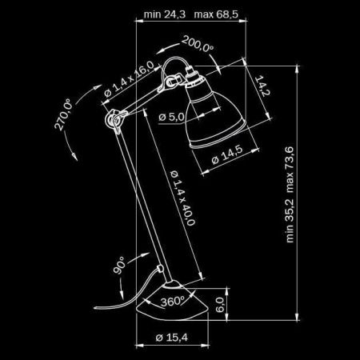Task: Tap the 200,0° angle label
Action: [198, 47]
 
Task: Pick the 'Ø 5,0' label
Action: [171, 118]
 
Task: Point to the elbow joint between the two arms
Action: [110, 119]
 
